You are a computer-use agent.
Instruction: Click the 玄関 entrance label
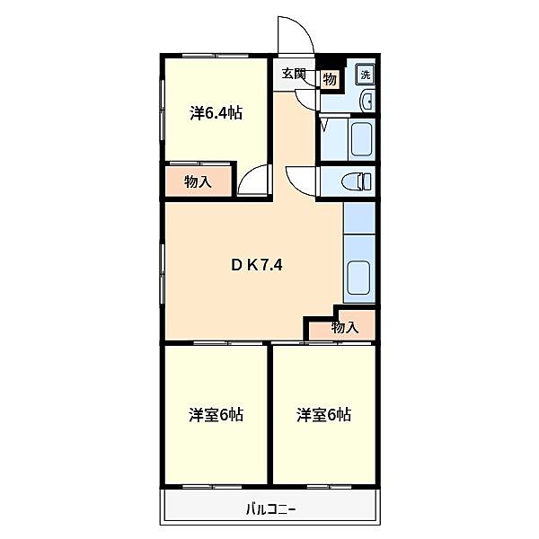click(294, 74)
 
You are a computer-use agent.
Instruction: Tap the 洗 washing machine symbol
click(366, 75)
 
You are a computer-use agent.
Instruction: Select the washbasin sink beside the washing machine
click(367, 101)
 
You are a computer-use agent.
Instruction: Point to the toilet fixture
click(358, 181)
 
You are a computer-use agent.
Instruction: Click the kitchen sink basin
click(358, 278)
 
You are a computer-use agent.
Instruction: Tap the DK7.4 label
click(257, 265)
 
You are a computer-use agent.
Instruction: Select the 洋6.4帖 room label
click(216, 113)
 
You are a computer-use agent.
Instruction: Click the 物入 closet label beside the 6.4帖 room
click(198, 181)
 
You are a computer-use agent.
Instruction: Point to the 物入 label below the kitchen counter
click(345, 328)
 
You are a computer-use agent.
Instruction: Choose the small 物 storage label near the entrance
click(330, 80)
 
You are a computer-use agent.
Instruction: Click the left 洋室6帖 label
click(216, 415)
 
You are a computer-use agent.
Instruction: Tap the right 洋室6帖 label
click(323, 415)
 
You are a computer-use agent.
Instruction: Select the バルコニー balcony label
click(271, 509)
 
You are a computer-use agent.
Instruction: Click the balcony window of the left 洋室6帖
click(212, 487)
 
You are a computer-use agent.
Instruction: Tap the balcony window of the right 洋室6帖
click(329, 487)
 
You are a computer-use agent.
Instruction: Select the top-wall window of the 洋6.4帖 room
click(215, 56)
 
